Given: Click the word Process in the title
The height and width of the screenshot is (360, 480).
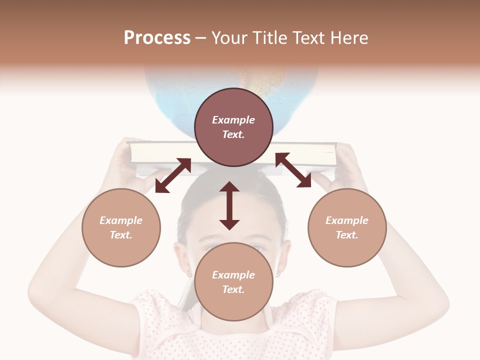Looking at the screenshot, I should point(157,38).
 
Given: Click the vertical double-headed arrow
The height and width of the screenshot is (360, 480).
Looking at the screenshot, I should point(229,206).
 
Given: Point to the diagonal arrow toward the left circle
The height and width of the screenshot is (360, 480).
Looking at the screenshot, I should point(173,175).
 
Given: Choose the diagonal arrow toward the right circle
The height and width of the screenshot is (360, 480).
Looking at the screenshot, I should point(293,170).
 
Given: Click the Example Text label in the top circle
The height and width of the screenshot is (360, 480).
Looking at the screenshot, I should point(233,127).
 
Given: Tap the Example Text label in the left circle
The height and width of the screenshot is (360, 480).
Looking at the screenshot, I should point(121,227).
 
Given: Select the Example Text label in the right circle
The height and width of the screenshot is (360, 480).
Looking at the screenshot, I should point(347,227).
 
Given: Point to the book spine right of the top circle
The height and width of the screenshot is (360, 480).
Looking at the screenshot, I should point(305,154).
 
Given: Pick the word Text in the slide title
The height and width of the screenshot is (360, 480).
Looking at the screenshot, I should point(308,38).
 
